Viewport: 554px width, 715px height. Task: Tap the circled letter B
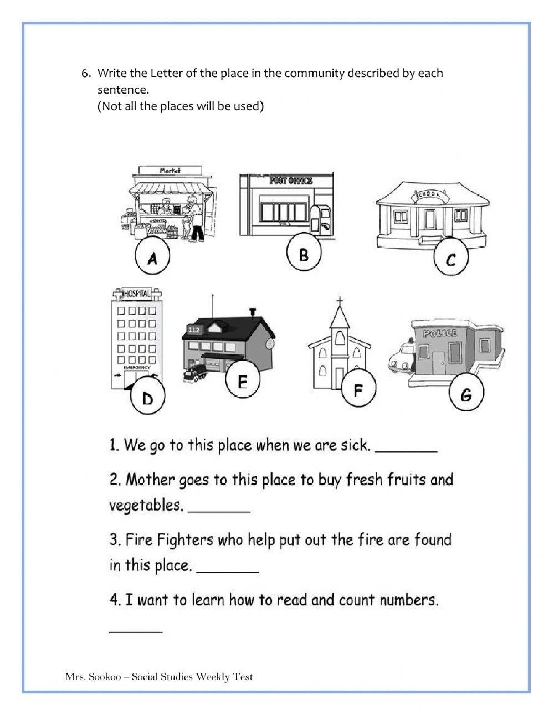[304, 254]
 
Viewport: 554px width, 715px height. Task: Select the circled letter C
[450, 258]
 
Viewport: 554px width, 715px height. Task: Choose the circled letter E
[242, 382]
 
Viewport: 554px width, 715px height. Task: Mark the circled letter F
[358, 390]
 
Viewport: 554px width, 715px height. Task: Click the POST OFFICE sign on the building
[291, 181]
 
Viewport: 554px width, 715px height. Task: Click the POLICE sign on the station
[440, 333]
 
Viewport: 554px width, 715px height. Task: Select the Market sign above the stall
[170, 171]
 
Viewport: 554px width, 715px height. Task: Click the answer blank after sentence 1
[406, 451]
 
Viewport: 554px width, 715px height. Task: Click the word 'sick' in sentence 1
[355, 445]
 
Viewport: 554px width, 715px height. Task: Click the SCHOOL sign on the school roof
[426, 196]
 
